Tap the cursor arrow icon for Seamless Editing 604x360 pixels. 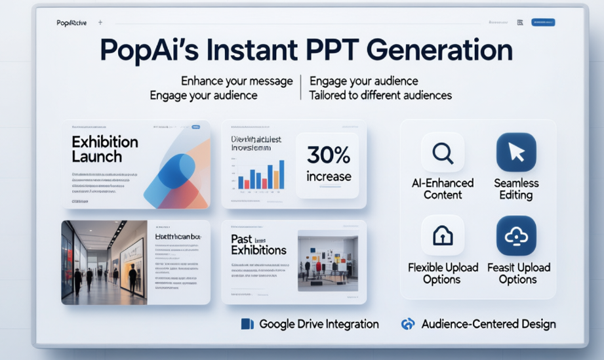click(x=516, y=153)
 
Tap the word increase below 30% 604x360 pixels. click(x=329, y=176)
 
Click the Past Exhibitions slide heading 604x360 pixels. click(x=258, y=245)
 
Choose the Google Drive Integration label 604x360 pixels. click(x=319, y=324)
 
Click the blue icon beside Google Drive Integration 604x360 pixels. click(x=247, y=324)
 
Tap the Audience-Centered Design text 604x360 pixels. click(x=489, y=324)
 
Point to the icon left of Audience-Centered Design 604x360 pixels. click(x=408, y=324)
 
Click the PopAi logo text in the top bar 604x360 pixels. click(x=72, y=23)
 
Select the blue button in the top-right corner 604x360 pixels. click(x=542, y=22)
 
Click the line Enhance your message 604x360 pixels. click(x=236, y=81)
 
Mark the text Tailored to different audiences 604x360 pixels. click(x=380, y=95)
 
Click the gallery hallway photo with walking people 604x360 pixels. click(x=104, y=262)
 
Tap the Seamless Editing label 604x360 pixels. click(x=516, y=189)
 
